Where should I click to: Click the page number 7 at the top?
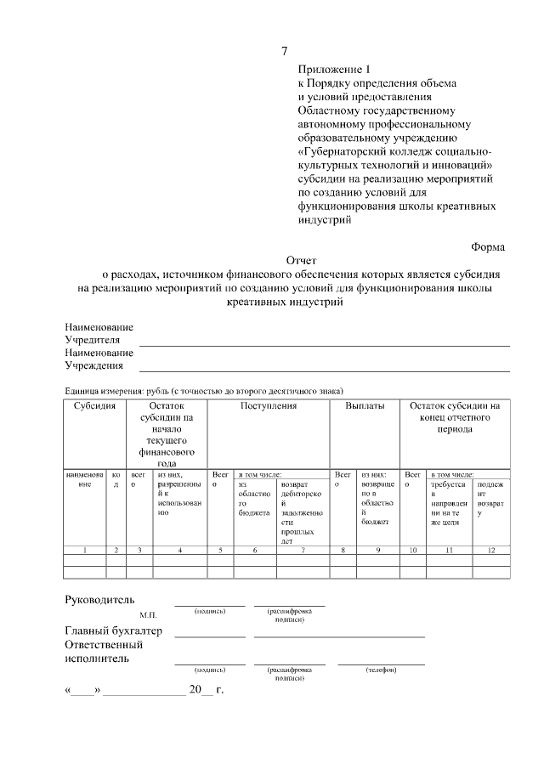[x=284, y=52]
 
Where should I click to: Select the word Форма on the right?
[x=488, y=246]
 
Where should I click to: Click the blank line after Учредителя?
[x=324, y=344]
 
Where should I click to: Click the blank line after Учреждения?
[x=324, y=370]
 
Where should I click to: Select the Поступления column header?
[x=268, y=406]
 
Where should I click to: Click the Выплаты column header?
[x=365, y=406]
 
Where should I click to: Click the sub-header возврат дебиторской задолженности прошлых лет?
[x=300, y=512]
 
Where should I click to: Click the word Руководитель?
[x=99, y=600]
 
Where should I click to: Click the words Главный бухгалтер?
[x=114, y=631]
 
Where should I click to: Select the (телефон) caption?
[x=381, y=670]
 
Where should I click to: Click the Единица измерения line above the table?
[x=204, y=391]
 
